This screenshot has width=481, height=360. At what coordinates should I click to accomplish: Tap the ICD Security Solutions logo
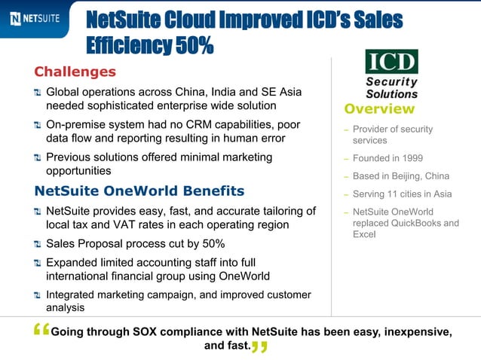click(391, 74)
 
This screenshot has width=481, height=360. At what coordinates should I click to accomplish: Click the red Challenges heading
click(75, 72)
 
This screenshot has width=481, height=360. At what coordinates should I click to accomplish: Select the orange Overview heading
click(379, 109)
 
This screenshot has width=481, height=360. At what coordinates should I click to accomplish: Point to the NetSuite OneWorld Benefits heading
click(139, 191)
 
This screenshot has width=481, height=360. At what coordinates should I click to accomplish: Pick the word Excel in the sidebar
click(365, 235)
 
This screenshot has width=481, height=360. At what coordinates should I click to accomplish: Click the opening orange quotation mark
click(41, 331)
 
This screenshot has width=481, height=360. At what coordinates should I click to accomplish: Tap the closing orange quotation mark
click(259, 347)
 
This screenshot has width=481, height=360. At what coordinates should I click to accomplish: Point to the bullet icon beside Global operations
click(38, 92)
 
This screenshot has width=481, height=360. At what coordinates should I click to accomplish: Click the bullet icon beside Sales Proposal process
click(38, 245)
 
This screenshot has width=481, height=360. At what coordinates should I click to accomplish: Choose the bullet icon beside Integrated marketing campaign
click(38, 294)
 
